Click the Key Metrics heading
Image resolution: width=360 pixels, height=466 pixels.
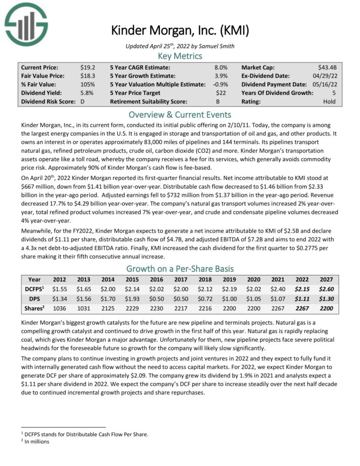coord(180,56)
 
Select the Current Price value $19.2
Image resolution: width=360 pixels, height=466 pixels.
coord(88,67)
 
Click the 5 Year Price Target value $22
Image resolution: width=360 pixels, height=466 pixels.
coord(221,93)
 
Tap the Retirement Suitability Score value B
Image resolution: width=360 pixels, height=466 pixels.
coord(224,101)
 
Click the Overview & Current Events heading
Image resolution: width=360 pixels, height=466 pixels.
coord(180,114)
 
